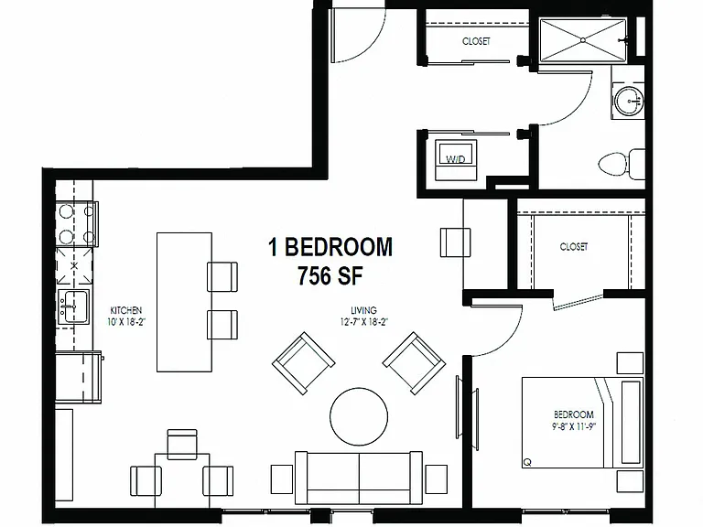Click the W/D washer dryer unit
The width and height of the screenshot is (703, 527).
pyautogui.click(x=456, y=159)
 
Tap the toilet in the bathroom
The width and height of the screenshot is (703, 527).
pyautogui.click(x=622, y=164)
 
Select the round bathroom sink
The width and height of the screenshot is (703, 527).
pyautogui.click(x=629, y=101)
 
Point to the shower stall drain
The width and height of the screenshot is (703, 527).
pyautogui.click(x=583, y=40)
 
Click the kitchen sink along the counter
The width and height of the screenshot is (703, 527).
pyautogui.click(x=74, y=307)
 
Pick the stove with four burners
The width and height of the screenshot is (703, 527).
pyautogui.click(x=76, y=224)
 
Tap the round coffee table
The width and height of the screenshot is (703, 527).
pyautogui.click(x=359, y=416)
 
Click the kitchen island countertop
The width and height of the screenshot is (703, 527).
pyautogui.click(x=184, y=302)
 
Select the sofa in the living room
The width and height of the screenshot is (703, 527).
pyautogui.click(x=359, y=478)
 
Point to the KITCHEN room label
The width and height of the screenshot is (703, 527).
pyautogui.click(x=126, y=310)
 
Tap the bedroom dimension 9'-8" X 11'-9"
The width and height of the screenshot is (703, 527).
pyautogui.click(x=573, y=426)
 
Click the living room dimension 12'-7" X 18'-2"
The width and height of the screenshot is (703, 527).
pyautogui.click(x=363, y=322)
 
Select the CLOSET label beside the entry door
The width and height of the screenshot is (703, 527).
pyautogui.click(x=476, y=41)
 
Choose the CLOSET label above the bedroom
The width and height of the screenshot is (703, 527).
pyautogui.click(x=573, y=247)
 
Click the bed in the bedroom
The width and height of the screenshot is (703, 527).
pyautogui.click(x=582, y=423)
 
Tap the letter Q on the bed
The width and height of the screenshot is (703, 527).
pyautogui.click(x=527, y=462)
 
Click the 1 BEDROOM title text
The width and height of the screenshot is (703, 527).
pyautogui.click(x=330, y=247)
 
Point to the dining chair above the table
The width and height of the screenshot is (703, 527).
pyautogui.click(x=182, y=444)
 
